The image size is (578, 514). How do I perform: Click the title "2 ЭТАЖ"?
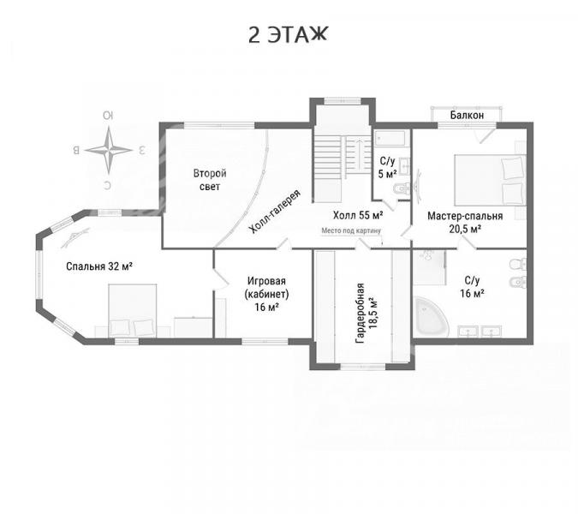(x=288, y=35)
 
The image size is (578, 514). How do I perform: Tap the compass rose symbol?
(x=109, y=150)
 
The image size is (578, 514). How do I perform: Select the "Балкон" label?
(x=467, y=115)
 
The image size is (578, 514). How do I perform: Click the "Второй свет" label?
(x=210, y=180)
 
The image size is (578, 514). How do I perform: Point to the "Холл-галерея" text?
(x=275, y=212)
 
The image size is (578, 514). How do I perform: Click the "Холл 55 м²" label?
(x=358, y=215)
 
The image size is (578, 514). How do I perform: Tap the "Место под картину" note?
(x=351, y=230)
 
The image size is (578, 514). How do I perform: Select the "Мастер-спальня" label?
(x=465, y=216)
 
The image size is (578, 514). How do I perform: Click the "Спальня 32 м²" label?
(x=99, y=266)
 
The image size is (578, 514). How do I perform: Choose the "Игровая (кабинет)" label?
(x=266, y=288)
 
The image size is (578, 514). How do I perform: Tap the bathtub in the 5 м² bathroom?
(x=390, y=139)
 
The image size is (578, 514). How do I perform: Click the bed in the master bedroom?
(x=490, y=180)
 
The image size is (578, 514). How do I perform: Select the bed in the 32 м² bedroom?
(x=133, y=310)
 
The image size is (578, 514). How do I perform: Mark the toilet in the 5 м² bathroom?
(x=401, y=188)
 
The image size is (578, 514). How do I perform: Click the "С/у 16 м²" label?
(x=472, y=287)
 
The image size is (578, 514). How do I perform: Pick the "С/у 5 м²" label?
(x=387, y=167)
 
